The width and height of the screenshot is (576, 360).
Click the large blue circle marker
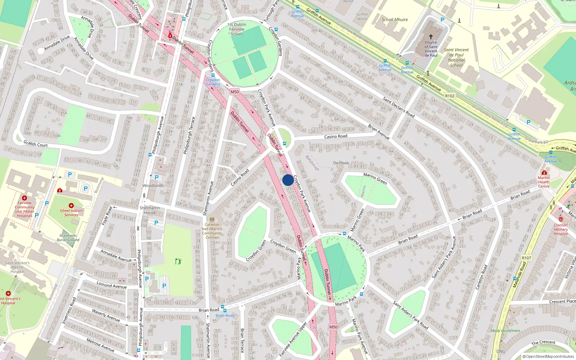pyautogui.click(x=288, y=180)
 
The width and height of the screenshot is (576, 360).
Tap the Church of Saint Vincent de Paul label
pyautogui.click(x=431, y=49)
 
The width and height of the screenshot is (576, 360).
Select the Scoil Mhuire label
pyautogui.click(x=395, y=20)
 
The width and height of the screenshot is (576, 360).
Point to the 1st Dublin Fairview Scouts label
pyautogui.click(x=237, y=29)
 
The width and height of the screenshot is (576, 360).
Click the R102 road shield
pyautogui.click(x=450, y=96)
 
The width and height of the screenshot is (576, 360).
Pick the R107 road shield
pyautogui.click(x=526, y=258)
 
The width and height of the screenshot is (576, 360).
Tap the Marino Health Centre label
pyautogui.click(x=544, y=182)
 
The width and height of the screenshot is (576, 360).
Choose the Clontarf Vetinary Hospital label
pyautogui.click(x=561, y=229)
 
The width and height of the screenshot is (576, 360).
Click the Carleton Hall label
pyautogui.click(x=212, y=231)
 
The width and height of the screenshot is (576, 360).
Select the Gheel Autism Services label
pyautogui.click(x=71, y=213)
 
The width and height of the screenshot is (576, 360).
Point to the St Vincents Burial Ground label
pyautogui.click(x=68, y=238)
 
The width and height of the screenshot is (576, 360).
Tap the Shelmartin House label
pyautogui.click(x=150, y=210)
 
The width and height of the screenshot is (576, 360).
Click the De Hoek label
pyautogui.click(x=341, y=163)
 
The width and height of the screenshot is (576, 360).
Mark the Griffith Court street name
pyautogui.click(x=36, y=144)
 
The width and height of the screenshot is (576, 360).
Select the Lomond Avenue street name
pyautogui.click(x=112, y=285)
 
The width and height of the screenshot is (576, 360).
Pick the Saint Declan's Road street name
pyautogui.click(x=399, y=107)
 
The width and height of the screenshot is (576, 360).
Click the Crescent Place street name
pyautogui.click(x=562, y=301)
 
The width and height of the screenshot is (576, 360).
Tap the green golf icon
pyautogui.click(x=178, y=261)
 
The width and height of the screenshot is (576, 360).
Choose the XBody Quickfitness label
pyautogui.click(x=505, y=330)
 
